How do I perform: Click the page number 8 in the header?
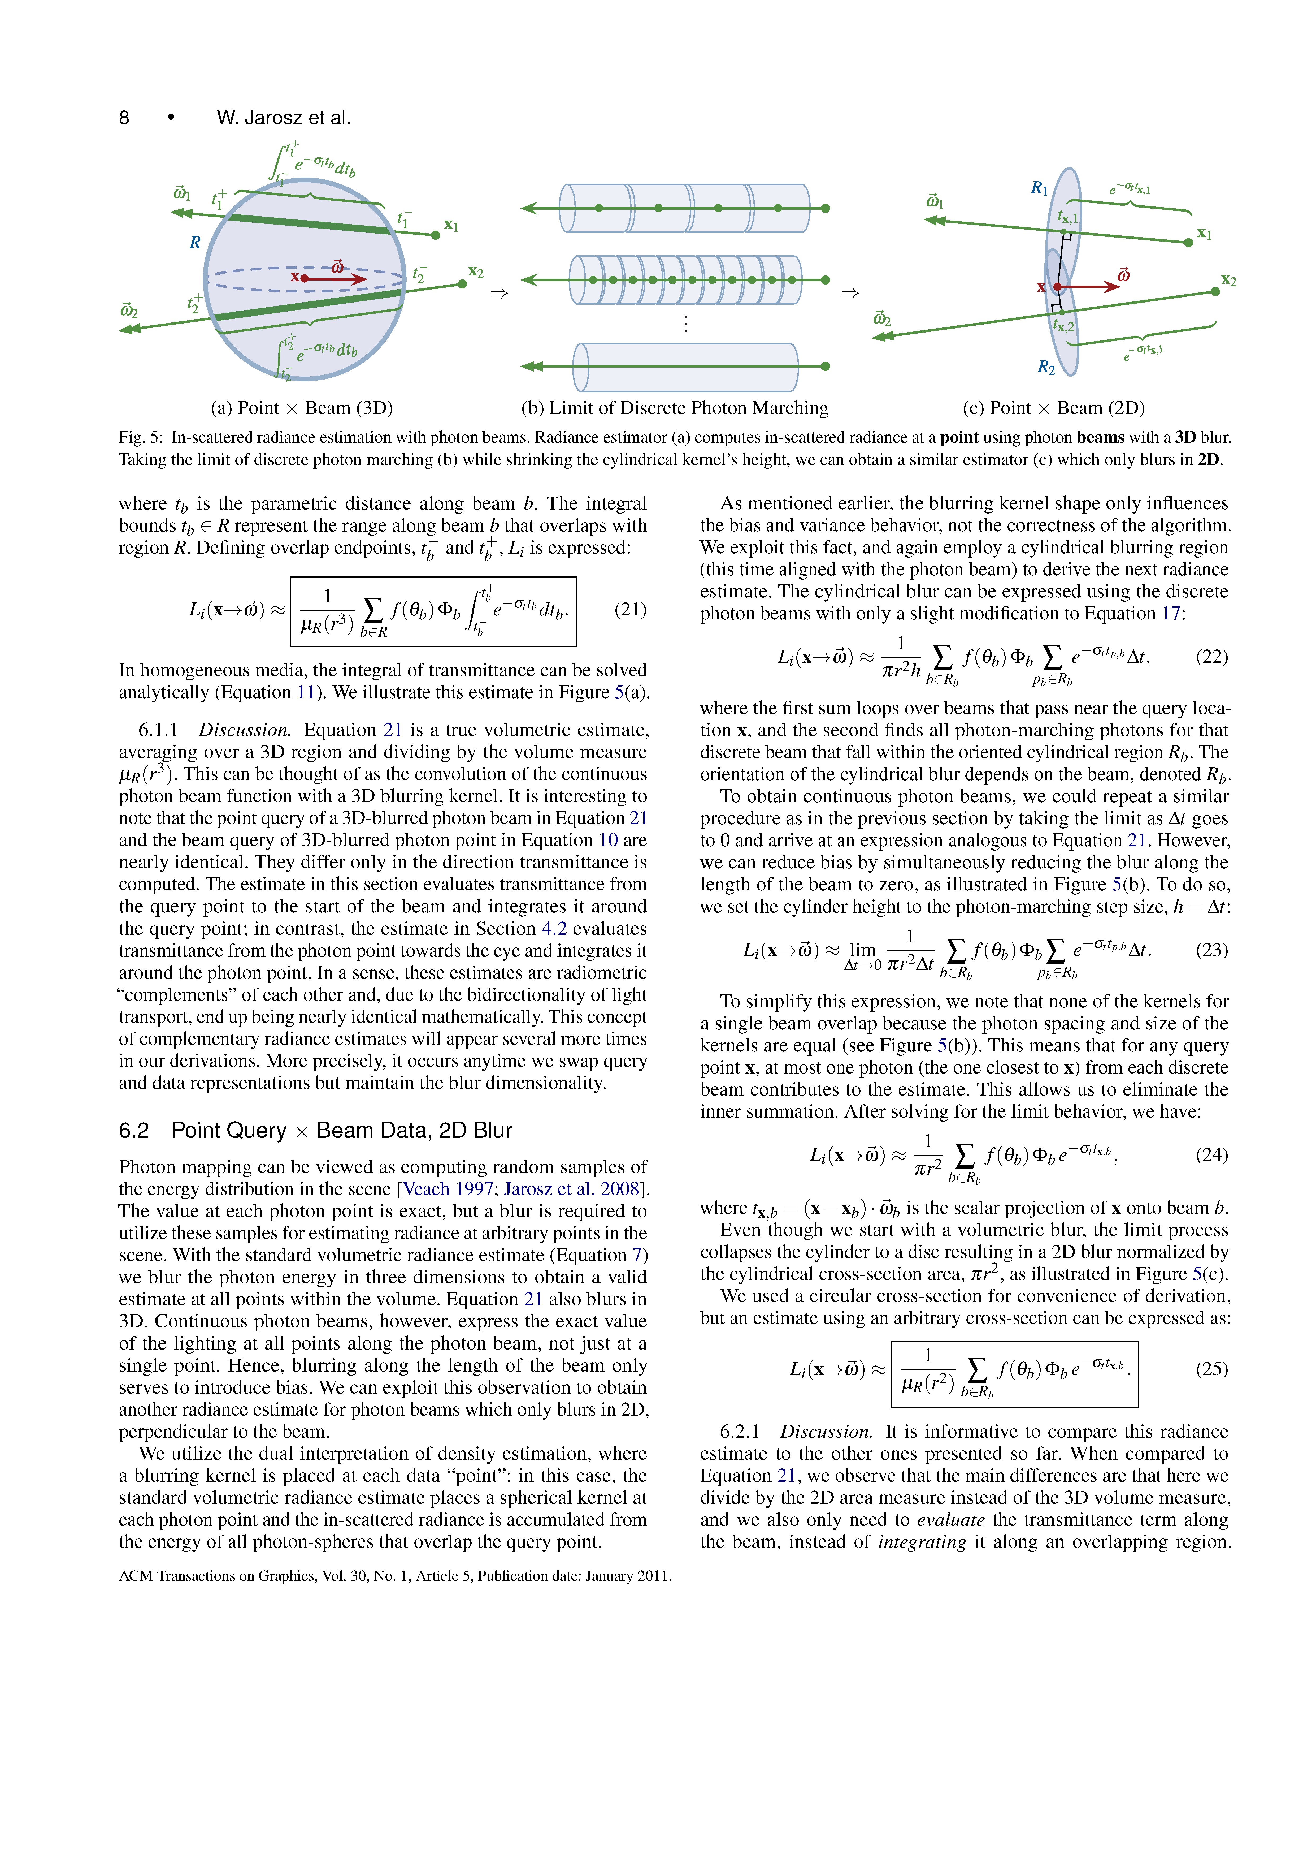[124, 118]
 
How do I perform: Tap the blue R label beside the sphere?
[195, 243]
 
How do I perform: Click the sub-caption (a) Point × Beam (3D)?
[302, 408]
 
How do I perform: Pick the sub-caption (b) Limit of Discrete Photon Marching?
[675, 408]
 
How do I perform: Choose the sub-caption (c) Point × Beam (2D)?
[1053, 408]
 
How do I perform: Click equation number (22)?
[1211, 657]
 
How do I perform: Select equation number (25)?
[1211, 1369]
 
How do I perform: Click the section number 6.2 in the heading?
[134, 1131]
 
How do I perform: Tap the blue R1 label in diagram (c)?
[1039, 188]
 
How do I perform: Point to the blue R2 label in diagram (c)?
[1046, 367]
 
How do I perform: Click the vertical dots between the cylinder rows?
[686, 324]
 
